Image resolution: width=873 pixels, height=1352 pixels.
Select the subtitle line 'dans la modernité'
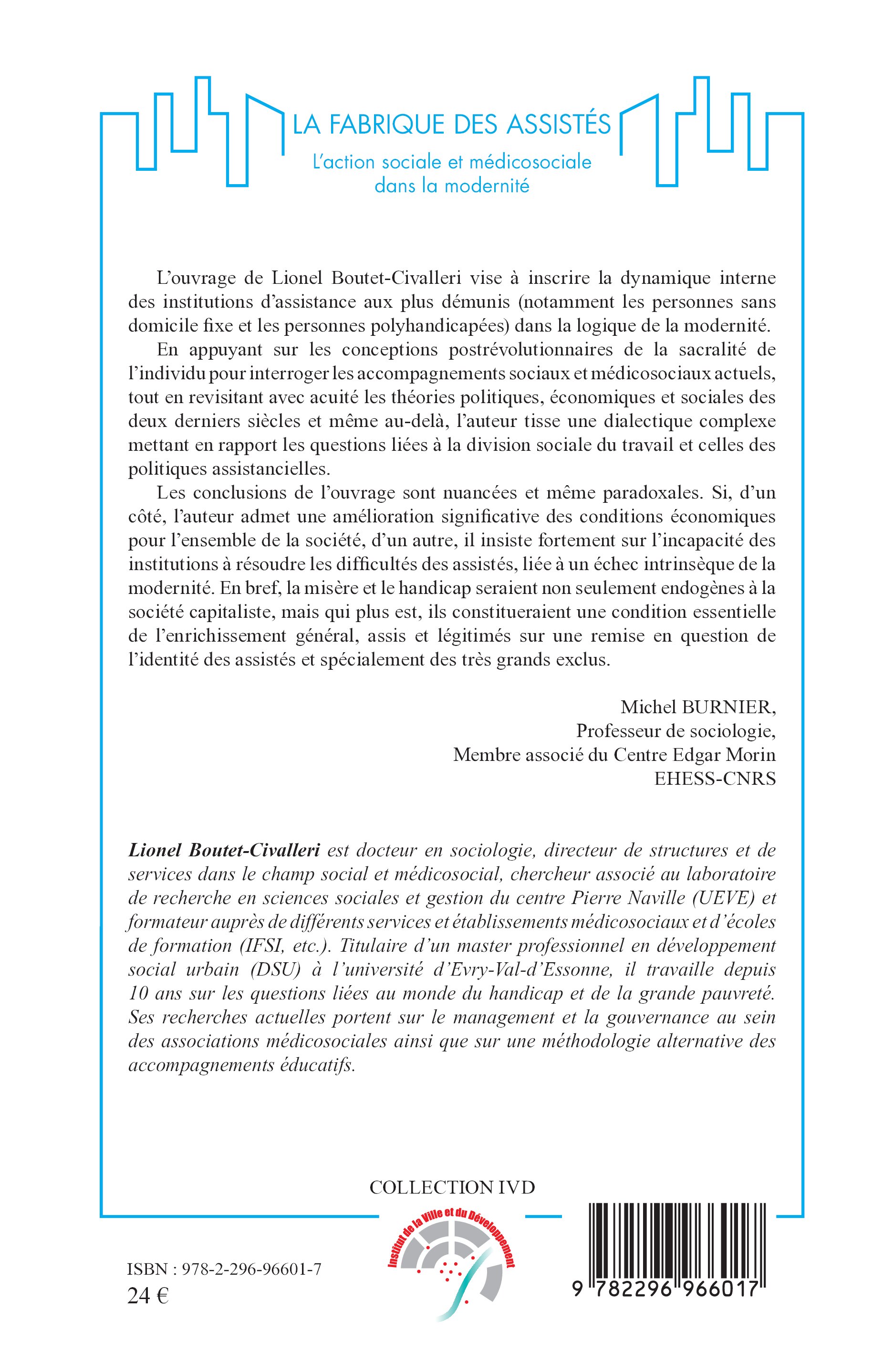coord(452,186)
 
